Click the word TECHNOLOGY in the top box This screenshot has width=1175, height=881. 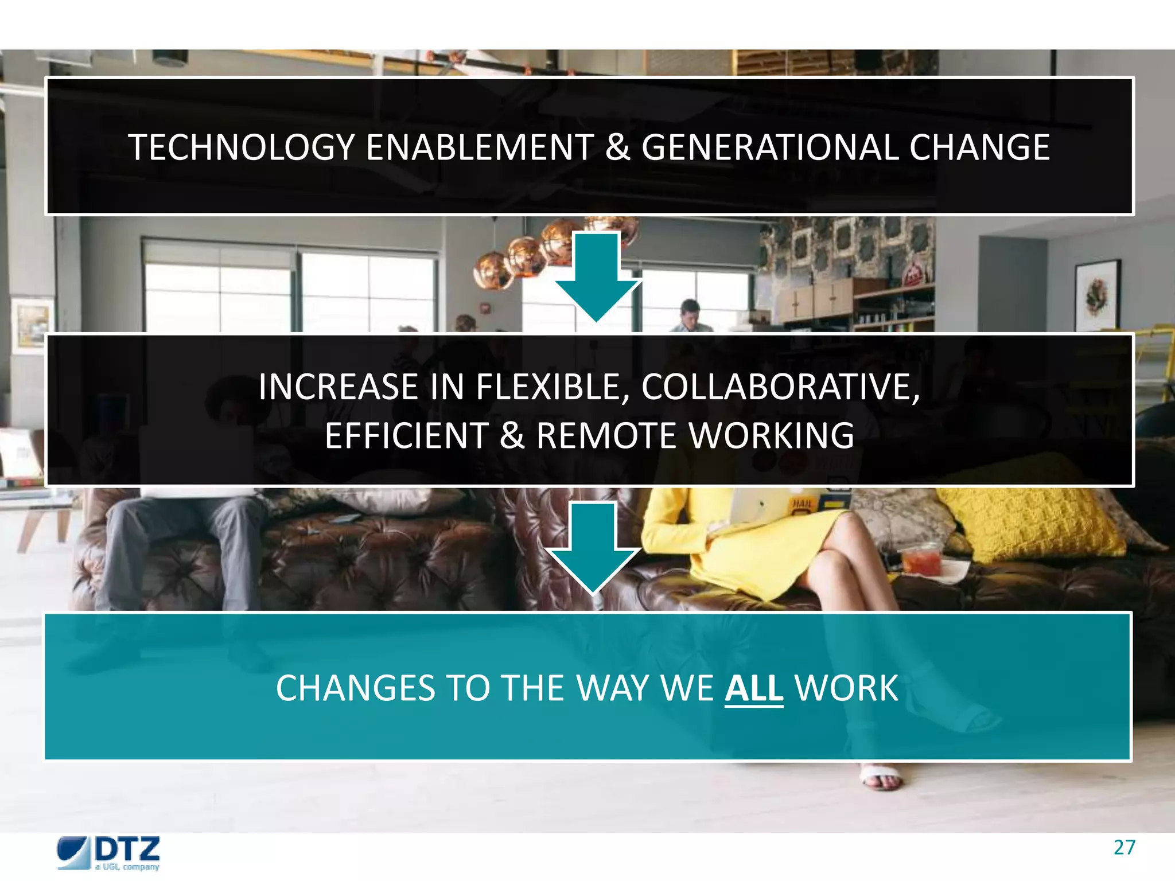(241, 147)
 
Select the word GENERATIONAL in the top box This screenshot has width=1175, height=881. (769, 147)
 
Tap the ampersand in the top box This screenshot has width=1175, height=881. (617, 147)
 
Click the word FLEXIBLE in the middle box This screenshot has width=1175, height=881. (553, 387)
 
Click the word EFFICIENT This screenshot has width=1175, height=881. (406, 435)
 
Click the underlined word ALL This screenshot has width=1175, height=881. (753, 688)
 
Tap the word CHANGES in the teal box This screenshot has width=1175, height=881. (355, 688)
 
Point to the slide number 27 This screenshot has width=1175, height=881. (1124, 848)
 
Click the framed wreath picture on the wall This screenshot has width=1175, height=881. (1097, 295)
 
